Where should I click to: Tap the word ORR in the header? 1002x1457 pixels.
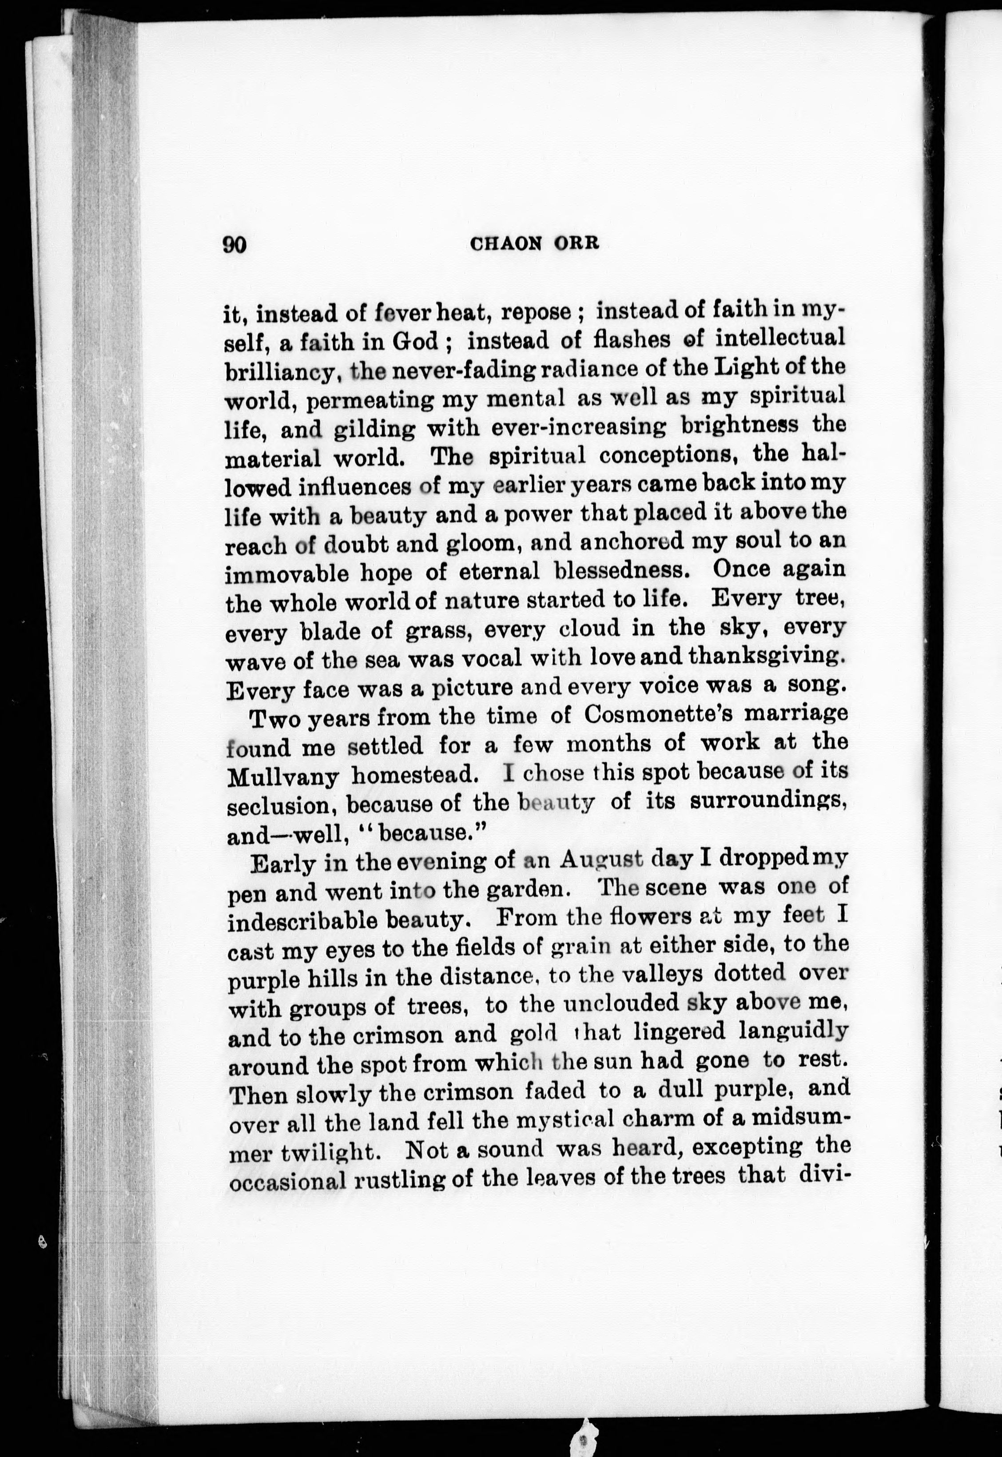pyautogui.click(x=577, y=243)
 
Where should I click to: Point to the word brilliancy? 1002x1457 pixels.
pyautogui.click(x=282, y=372)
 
